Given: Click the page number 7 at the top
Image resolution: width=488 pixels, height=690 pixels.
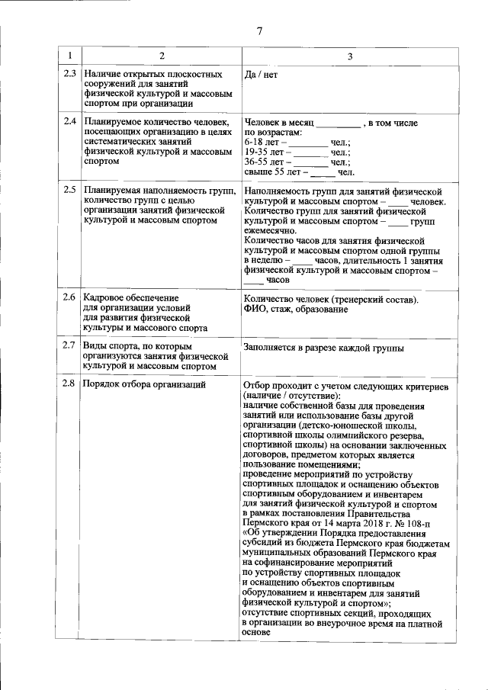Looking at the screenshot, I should [x=259, y=30].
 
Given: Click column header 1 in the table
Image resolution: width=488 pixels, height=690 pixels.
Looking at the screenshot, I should [x=69, y=56].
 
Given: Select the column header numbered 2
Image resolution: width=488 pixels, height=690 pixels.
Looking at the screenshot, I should [x=161, y=56].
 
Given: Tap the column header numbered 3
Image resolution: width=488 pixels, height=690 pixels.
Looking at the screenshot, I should [x=349, y=56].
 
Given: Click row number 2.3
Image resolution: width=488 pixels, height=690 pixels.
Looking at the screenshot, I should [x=69, y=75].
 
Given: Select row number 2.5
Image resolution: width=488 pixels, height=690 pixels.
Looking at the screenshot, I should [x=69, y=190].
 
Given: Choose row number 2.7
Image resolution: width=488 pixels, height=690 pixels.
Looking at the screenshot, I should [x=69, y=346].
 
